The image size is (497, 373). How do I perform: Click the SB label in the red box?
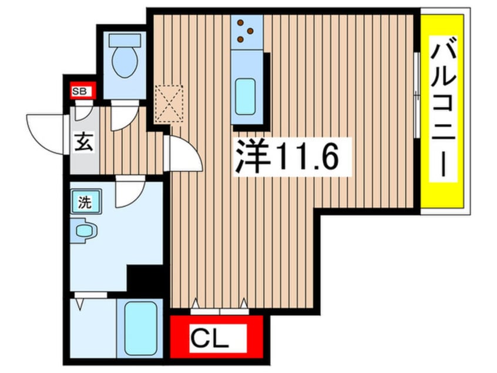click(x=79, y=91)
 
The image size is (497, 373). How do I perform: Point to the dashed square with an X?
click(x=169, y=104)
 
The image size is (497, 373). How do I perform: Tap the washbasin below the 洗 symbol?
click(x=85, y=230)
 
